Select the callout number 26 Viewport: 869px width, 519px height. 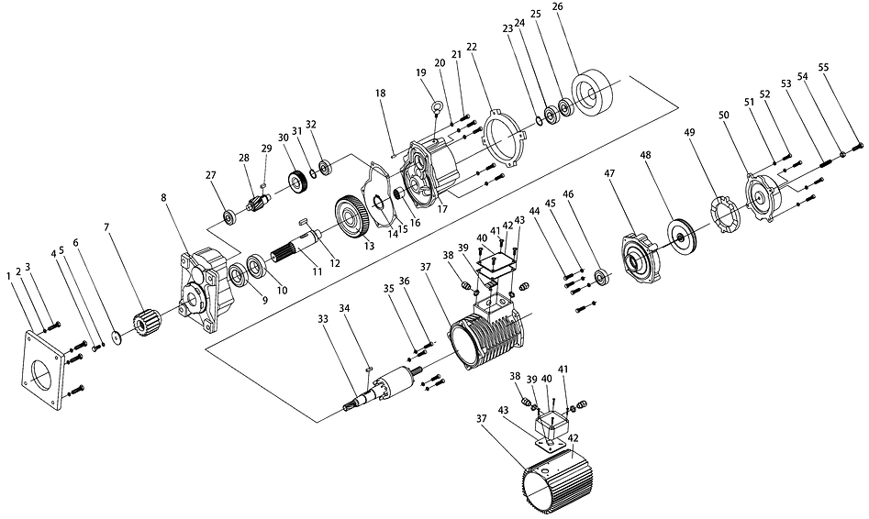tap(559, 7)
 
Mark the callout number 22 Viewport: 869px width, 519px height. tap(472, 47)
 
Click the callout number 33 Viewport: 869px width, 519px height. tap(323, 319)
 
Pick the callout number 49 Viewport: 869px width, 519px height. tap(687, 132)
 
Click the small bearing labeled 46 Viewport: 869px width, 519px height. tap(602, 276)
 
